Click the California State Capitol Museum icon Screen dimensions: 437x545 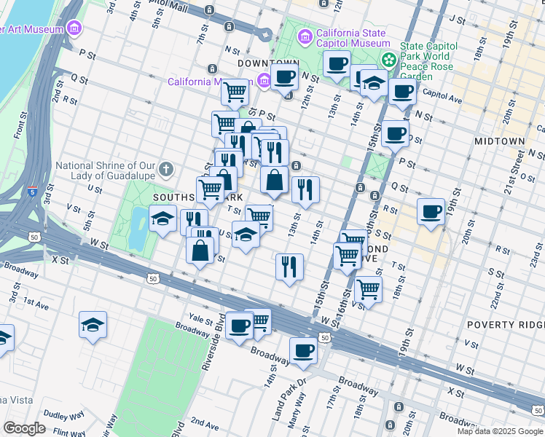coord(305,36)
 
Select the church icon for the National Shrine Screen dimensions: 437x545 coord(166,170)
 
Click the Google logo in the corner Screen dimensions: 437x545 coord(24,428)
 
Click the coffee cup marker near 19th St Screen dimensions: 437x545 coord(431,210)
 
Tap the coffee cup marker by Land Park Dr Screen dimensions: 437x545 coord(303,350)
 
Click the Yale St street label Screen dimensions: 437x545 coord(199,318)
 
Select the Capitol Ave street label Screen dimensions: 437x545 coord(434,94)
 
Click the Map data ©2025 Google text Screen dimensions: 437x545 coord(501,431)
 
